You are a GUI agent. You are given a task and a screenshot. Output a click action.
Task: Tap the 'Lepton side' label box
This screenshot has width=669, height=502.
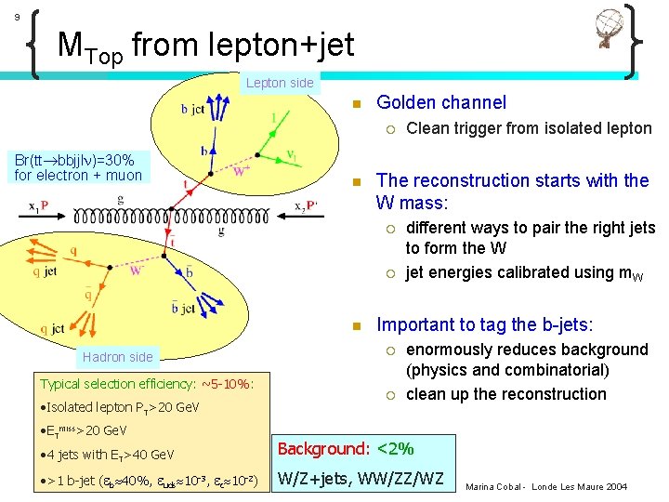tap(280, 84)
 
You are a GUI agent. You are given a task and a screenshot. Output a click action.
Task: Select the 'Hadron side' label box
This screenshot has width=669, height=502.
tap(117, 357)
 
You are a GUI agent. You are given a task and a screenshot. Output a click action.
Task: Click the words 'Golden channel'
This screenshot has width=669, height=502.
tap(441, 103)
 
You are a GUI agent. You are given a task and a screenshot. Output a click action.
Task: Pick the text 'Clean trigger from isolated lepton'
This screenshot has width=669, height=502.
tap(529, 128)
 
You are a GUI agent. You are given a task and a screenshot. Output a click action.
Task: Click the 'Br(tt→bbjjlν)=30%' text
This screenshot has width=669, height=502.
tap(74, 161)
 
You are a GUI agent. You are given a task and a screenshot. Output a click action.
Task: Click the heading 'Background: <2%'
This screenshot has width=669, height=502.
tap(346, 449)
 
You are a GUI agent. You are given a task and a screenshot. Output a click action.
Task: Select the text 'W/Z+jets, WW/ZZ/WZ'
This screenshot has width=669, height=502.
tap(361, 481)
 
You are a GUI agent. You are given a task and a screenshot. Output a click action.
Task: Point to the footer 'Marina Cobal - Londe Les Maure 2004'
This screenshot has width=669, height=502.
tap(546, 487)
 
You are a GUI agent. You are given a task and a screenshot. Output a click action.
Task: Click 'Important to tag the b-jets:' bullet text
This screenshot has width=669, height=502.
tap(484, 325)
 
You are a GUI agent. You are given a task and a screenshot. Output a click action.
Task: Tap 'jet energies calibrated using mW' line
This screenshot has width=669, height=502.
tap(525, 272)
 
